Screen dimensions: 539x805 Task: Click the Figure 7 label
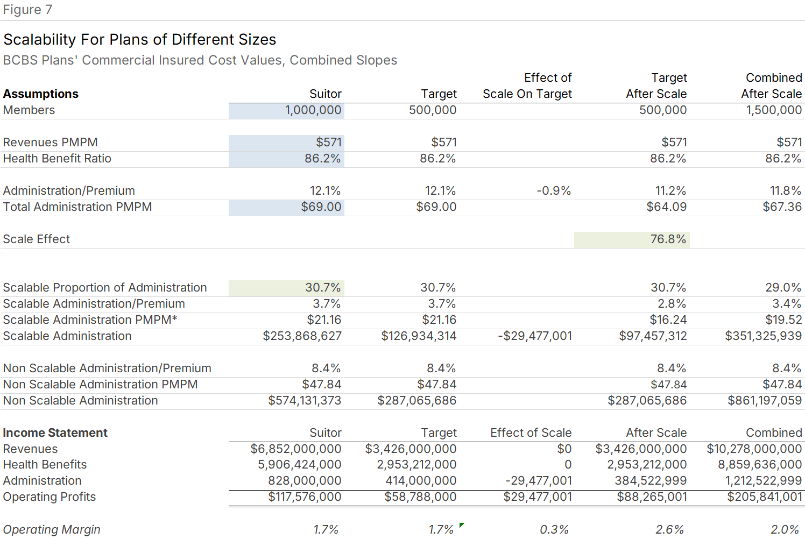pos(27,10)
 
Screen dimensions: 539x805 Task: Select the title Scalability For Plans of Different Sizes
pos(139,39)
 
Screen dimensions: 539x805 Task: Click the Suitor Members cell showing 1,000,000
pos(313,110)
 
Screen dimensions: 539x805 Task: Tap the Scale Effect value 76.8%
pos(668,239)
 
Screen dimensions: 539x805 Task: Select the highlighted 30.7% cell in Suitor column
pos(323,288)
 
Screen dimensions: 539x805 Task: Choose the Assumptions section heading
pos(41,94)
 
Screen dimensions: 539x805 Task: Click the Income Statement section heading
pos(55,433)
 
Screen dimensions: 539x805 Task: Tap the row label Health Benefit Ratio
pos(57,159)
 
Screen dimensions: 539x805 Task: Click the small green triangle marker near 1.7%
pos(461,525)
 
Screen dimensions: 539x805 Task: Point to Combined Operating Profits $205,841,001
pos(764,497)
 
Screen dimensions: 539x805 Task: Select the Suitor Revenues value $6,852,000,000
pos(295,449)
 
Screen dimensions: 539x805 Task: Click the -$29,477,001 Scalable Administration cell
pos(535,336)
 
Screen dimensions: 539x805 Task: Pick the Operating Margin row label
pos(52,530)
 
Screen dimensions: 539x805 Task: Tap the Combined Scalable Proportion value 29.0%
pos(783,288)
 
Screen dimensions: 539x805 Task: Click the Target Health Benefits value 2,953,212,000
pos(416,465)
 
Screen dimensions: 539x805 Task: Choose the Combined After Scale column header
pos(771,86)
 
